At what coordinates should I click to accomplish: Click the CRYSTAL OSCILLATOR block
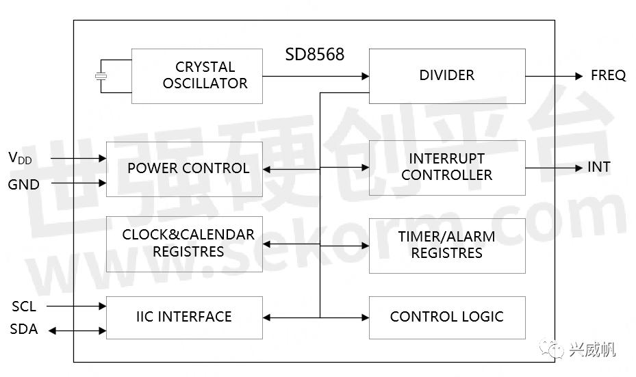tap(196, 76)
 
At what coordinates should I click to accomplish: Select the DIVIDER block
tap(447, 75)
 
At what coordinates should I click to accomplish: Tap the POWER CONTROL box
tap(184, 169)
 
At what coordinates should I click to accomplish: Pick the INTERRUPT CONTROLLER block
tap(447, 168)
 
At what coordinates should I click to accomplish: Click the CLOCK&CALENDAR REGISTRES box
tap(184, 244)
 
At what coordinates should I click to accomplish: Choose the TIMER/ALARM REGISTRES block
tap(447, 245)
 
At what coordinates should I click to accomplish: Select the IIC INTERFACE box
tap(184, 317)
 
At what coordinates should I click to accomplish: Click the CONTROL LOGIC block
tap(447, 317)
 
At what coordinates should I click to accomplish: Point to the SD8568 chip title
tap(315, 54)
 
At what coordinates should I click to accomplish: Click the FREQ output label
tap(608, 75)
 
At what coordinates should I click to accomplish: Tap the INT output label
tap(598, 167)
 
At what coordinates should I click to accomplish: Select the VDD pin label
tap(20, 158)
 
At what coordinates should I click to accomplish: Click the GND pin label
tap(24, 184)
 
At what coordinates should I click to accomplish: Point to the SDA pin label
tap(24, 330)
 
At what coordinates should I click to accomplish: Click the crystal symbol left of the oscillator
tap(101, 76)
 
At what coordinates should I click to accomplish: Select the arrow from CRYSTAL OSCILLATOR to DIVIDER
tap(316, 76)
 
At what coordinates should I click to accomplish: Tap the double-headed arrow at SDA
tap(77, 330)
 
